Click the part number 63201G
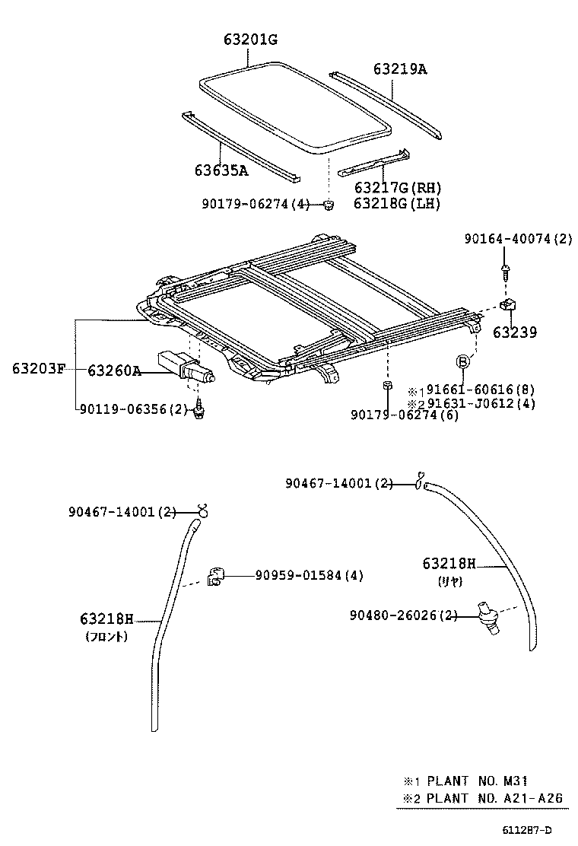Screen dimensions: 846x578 [x=250, y=40]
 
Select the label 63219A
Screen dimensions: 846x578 [x=400, y=69]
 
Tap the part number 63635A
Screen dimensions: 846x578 [x=221, y=170]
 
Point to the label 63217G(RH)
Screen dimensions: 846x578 [x=398, y=188]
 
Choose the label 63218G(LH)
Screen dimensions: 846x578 [x=397, y=203]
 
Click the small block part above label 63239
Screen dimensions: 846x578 [x=508, y=306]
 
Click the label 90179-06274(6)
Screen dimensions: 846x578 [x=405, y=415]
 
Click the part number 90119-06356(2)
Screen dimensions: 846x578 [x=134, y=409]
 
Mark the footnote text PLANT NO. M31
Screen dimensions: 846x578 [x=476, y=781]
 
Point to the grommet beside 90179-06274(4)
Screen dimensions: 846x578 [x=328, y=204]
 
